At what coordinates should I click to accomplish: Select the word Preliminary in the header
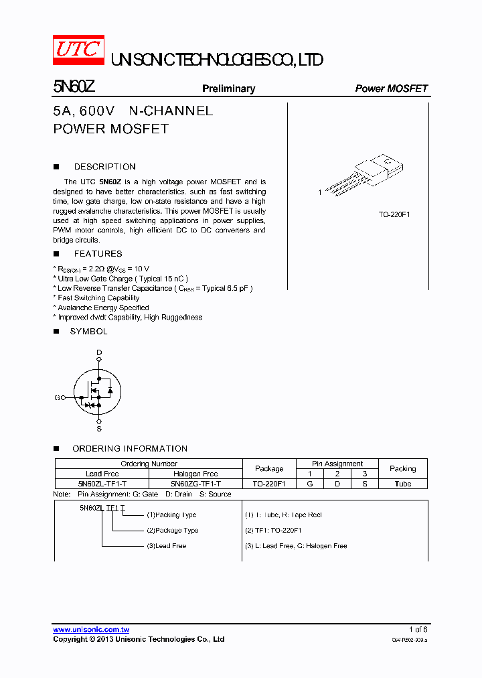point(228,88)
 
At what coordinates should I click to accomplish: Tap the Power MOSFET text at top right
point(391,88)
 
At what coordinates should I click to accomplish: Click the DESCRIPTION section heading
point(104,167)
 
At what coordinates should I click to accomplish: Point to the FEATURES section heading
point(98,254)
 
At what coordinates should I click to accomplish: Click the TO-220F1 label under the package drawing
point(394,214)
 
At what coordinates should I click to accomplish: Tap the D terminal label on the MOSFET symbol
point(99,352)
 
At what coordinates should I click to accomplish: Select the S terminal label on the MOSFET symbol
point(99,428)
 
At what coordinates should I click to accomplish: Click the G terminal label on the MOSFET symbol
point(57,397)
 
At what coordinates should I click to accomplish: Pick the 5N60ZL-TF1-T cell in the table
point(102,484)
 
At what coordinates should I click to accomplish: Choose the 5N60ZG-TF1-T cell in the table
point(195,484)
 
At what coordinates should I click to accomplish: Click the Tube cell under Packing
point(403,484)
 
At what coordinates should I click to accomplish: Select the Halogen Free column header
point(195,474)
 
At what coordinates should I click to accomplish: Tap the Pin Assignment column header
point(337,464)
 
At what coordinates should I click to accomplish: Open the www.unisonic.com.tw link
point(91,630)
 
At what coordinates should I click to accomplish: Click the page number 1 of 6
point(418,630)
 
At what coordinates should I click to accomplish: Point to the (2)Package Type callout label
point(172,531)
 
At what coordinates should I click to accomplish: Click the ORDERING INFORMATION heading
point(130,449)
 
